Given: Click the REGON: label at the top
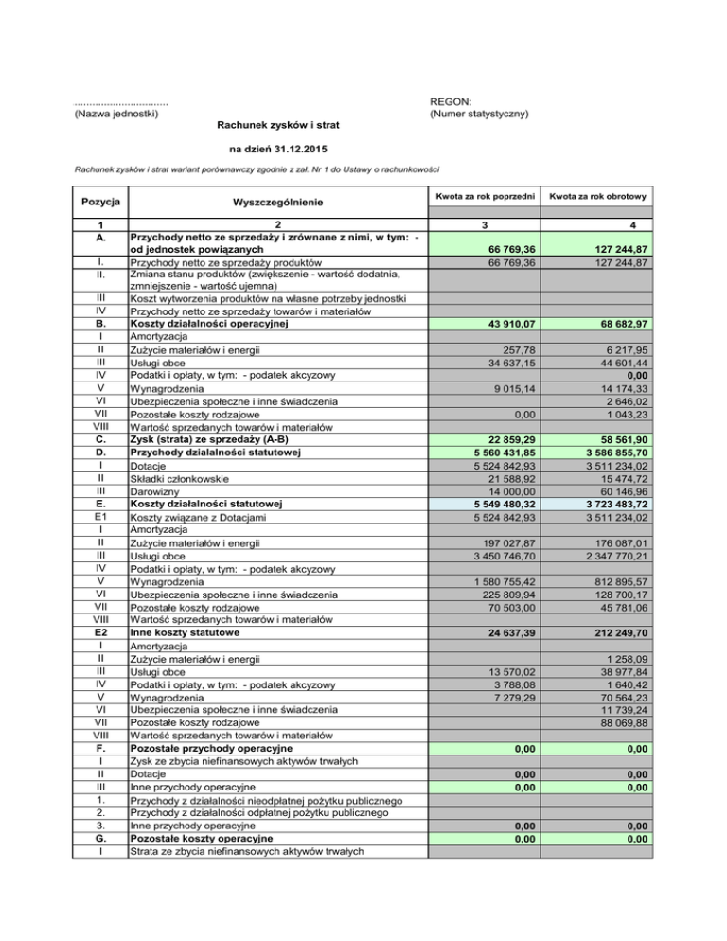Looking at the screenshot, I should point(452,101).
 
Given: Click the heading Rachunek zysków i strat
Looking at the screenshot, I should point(278,125).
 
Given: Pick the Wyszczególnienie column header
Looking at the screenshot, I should point(278,202).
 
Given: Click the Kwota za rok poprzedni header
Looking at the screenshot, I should point(483,196).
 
